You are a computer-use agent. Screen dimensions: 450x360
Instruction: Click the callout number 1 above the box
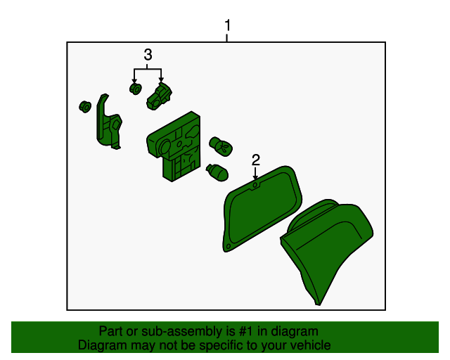coord(227,25)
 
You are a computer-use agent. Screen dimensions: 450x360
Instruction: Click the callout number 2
coord(256,160)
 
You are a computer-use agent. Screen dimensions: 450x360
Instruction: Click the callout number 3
coord(148,55)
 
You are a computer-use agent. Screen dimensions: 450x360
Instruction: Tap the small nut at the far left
coord(85,106)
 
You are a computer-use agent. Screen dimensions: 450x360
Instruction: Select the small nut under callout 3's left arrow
coord(136,89)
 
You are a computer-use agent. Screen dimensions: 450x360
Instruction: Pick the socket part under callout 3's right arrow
coord(159,96)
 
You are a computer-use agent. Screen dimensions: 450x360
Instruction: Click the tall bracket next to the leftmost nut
coord(109,122)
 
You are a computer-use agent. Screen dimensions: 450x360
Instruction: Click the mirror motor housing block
coord(174,146)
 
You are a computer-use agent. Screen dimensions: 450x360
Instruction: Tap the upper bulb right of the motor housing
coord(221,146)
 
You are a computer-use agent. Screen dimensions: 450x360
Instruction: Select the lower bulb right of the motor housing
coord(217,172)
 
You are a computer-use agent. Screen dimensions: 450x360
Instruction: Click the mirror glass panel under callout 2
coord(262,208)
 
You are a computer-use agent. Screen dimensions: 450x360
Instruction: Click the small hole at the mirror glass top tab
coord(255,186)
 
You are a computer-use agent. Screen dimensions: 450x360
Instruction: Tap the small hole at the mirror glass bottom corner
coord(229,246)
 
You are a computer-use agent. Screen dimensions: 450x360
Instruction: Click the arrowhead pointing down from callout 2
coord(255,178)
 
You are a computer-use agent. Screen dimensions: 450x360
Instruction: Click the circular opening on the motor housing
coord(165,148)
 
